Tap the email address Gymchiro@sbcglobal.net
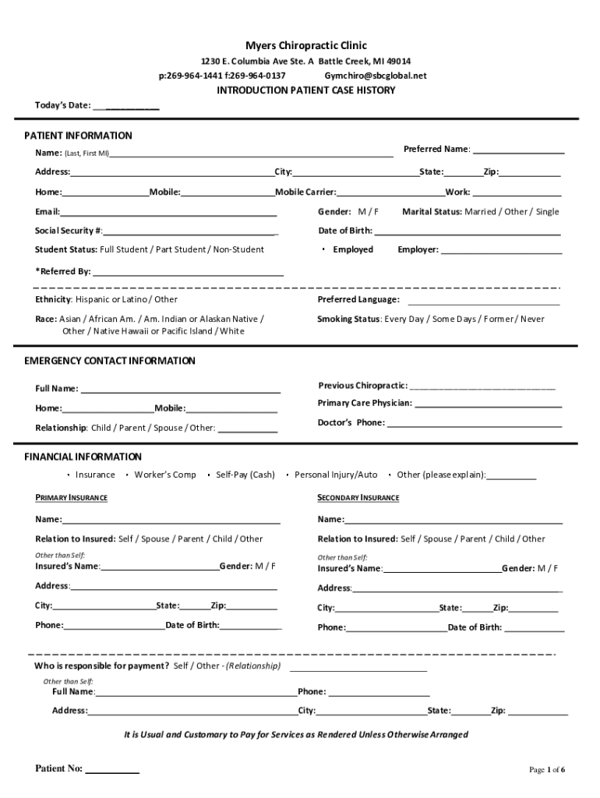click(376, 76)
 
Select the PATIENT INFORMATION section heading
click(78, 136)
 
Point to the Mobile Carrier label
click(305, 192)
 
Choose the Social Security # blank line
click(191, 231)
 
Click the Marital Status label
click(432, 212)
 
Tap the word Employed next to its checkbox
click(353, 250)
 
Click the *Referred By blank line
click(188, 273)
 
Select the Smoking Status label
click(348, 319)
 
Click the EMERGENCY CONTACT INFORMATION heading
click(110, 361)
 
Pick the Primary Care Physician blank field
click(489, 404)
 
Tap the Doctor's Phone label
click(351, 423)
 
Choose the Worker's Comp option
click(165, 475)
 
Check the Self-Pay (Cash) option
click(245, 475)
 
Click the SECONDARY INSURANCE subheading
click(358, 498)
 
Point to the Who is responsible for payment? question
click(101, 666)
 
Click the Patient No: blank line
click(112, 770)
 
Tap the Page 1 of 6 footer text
click(547, 770)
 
